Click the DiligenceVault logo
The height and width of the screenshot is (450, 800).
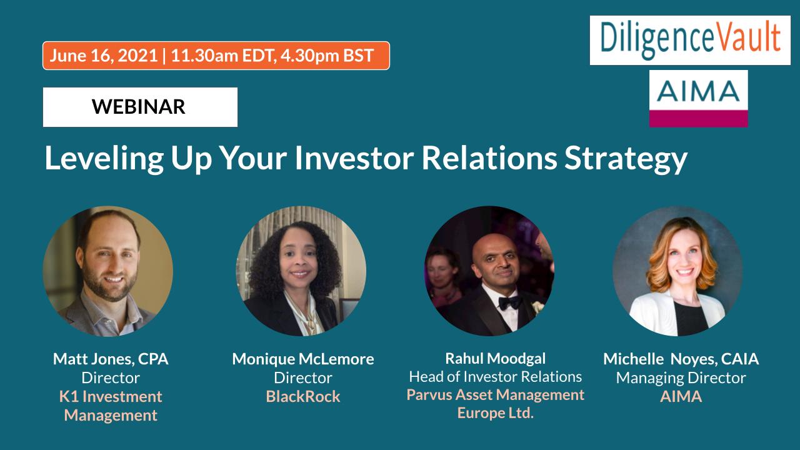coord(690,40)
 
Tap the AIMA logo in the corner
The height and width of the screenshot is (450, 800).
coord(698,99)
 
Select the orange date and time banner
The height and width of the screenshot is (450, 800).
coord(216,56)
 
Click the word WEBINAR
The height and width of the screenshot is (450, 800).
coord(139,106)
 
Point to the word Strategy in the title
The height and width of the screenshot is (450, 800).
coord(626,159)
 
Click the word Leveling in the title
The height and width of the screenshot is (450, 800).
coord(104,159)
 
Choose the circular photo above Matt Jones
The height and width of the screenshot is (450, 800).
coord(108,271)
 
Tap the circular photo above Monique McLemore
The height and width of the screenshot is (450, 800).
coord(301,271)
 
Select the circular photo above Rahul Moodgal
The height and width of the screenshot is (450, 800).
coord(489,271)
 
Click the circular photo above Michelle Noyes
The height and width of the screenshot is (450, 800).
coord(677,271)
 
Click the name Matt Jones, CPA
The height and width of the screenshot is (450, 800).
coord(111,359)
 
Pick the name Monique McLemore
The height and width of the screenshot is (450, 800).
coord(303,359)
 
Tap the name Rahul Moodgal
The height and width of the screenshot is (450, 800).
coord(496,359)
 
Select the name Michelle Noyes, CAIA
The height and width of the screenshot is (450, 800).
coord(681,359)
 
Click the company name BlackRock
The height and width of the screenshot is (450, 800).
coord(303,396)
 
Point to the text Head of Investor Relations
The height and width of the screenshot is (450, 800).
coord(496,377)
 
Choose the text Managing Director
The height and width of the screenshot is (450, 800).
coord(681,378)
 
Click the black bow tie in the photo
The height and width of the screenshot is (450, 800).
coord(509,303)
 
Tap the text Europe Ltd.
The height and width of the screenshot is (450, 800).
coord(496,413)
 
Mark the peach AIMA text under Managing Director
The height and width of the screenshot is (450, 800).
coord(681,397)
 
